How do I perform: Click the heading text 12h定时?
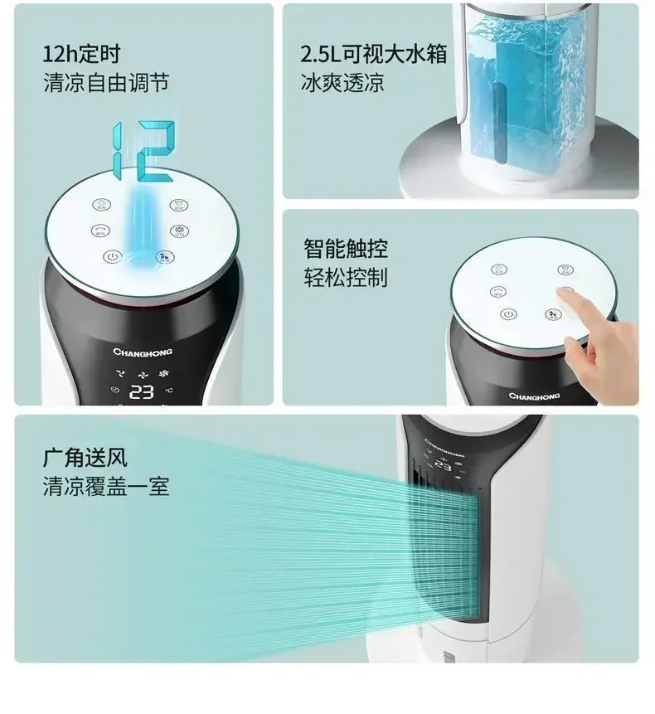click(81, 56)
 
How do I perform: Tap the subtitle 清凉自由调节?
click(106, 83)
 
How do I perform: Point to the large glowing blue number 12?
click(143, 150)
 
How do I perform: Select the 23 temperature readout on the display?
click(142, 391)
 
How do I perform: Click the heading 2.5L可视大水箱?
click(374, 56)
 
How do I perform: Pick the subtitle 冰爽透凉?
click(342, 83)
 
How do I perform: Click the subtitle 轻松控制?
click(345, 277)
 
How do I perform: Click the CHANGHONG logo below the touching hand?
click(533, 396)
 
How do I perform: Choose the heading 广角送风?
click(85, 458)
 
